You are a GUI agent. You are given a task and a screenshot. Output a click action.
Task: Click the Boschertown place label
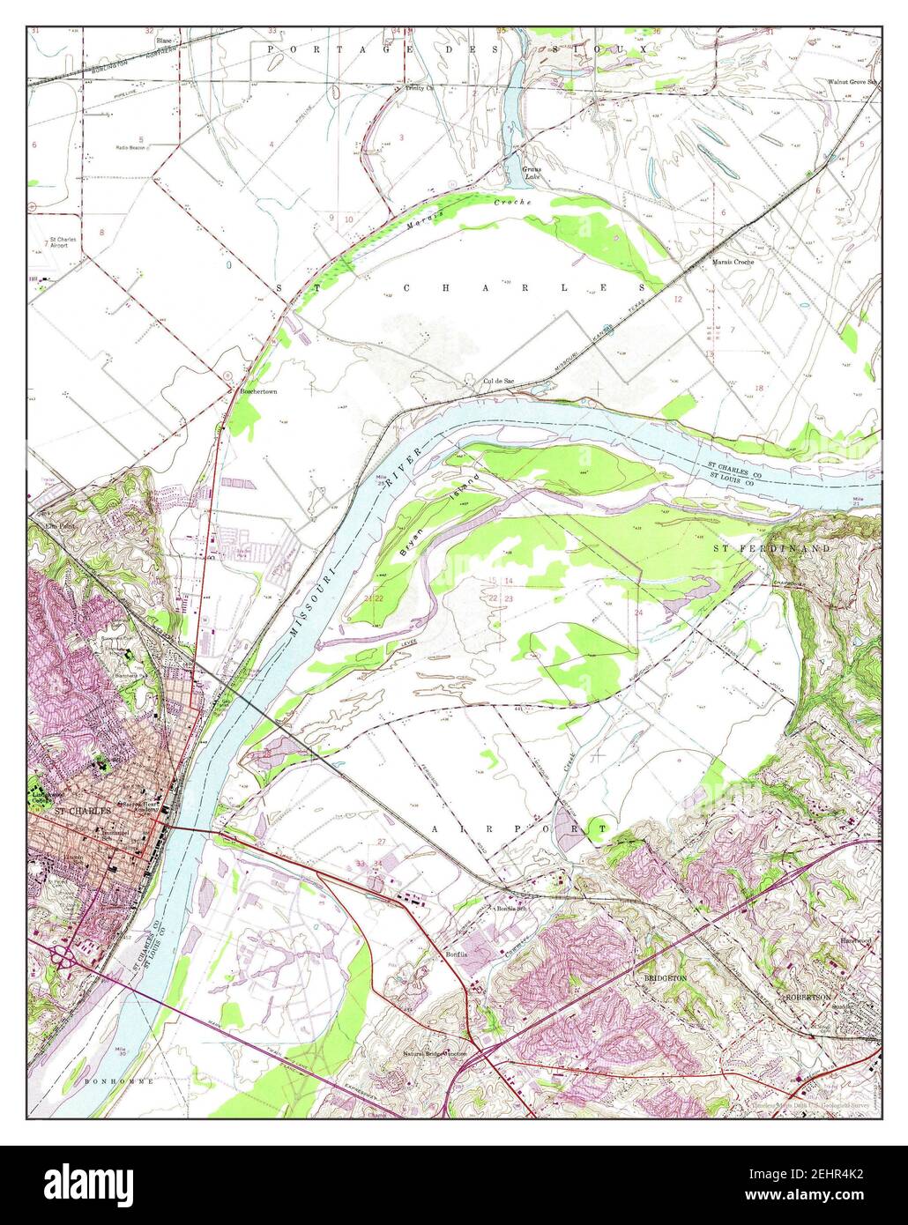[258, 390]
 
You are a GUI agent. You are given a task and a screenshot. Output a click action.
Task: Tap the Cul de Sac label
[498, 382]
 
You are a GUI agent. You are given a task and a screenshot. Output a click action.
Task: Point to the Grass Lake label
[532, 173]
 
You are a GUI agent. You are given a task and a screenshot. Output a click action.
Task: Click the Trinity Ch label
[420, 88]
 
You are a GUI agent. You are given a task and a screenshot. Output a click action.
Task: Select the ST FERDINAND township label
[771, 549]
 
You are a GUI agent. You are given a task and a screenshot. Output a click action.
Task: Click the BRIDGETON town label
[662, 978]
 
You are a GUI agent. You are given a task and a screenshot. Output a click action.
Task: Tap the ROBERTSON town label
[809, 997]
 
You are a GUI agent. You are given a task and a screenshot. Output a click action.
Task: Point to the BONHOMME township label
[119, 1080]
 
